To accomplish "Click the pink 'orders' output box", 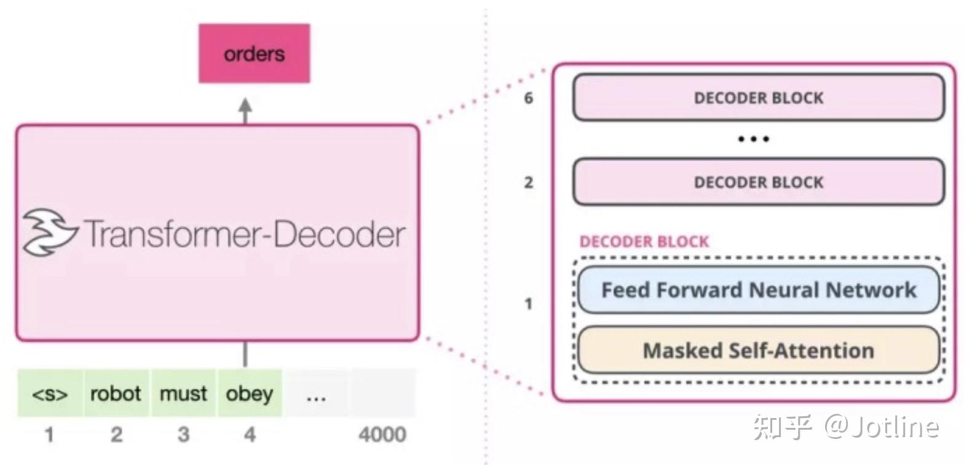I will tap(254, 53).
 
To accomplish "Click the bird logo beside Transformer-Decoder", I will tap(49, 232).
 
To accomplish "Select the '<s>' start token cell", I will tap(50, 393).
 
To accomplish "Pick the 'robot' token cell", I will tap(116, 393).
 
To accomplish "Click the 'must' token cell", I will tap(183, 393).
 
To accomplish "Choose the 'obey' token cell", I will tap(250, 393).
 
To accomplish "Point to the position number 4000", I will tap(382, 435).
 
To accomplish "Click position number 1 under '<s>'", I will tap(49, 435).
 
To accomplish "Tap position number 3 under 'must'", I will tap(183, 435).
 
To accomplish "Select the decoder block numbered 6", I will tap(758, 98).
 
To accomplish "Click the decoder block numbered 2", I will tap(758, 182).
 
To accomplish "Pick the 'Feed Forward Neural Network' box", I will tap(758, 290).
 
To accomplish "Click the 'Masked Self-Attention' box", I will tap(758, 350).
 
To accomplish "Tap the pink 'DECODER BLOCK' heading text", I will tap(644, 242).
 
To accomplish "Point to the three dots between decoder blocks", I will tap(753, 139).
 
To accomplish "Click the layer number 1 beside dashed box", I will tap(528, 304).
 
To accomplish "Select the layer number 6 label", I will tap(528, 98).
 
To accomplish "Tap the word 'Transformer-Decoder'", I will tap(244, 234).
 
